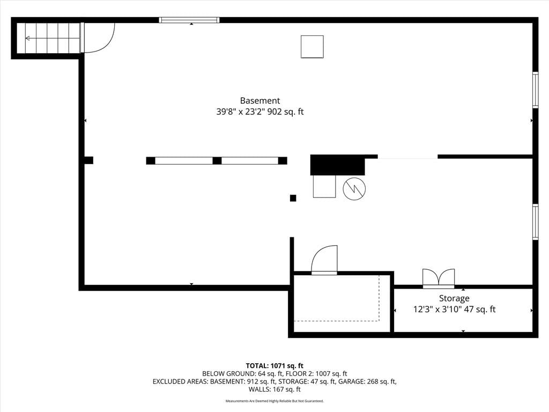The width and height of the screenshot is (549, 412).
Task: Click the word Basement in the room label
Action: click(x=260, y=100)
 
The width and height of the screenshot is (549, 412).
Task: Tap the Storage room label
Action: click(x=454, y=298)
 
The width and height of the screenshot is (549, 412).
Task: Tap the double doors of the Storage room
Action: click(x=439, y=278)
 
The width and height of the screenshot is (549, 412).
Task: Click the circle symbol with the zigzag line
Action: click(x=354, y=188)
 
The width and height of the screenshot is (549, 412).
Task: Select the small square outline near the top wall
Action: click(x=312, y=47)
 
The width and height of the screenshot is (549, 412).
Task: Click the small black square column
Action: click(x=293, y=198)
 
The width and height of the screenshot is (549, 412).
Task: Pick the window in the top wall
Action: click(x=189, y=20)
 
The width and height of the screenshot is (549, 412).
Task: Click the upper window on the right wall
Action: click(x=536, y=90)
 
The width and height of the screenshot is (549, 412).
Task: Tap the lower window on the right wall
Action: click(x=536, y=222)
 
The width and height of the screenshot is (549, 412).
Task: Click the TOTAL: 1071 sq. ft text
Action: click(x=274, y=366)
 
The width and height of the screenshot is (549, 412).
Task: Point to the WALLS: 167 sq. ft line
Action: click(x=274, y=389)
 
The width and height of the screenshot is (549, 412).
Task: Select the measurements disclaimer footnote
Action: click(x=274, y=401)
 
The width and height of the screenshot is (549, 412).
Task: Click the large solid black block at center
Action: click(x=338, y=165)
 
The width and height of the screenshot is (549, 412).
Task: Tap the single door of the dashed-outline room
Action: click(x=324, y=260)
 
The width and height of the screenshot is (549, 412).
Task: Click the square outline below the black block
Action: click(x=324, y=186)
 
